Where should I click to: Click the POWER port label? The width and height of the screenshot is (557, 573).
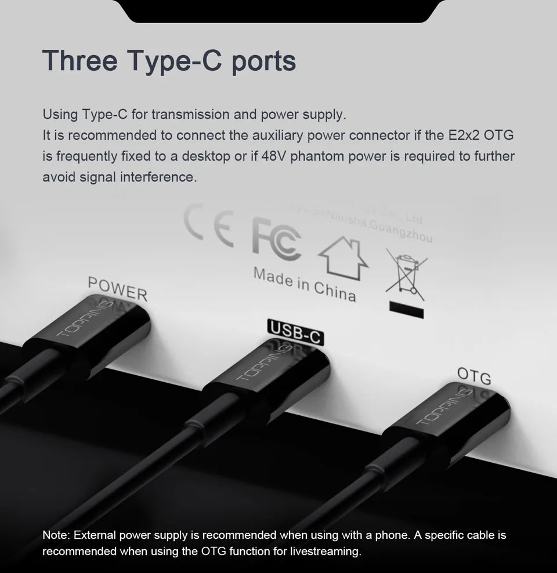[x=118, y=288]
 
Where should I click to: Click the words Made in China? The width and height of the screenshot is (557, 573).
[x=304, y=284]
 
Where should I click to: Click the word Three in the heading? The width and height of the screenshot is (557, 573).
[x=79, y=60]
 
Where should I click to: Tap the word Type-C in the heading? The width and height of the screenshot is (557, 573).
[x=175, y=60]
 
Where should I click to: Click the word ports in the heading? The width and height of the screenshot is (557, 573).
[x=264, y=61]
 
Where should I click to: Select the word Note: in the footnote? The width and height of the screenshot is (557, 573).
[x=56, y=535]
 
